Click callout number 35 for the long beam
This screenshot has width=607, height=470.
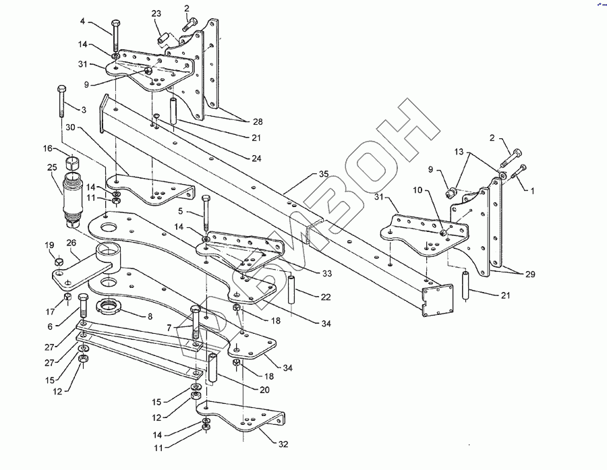click(324, 174)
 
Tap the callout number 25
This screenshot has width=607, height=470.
click(52, 167)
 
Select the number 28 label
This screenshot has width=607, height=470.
click(258, 121)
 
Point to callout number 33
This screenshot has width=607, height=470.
click(327, 273)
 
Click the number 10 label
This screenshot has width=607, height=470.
click(417, 190)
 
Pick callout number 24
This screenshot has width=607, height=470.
click(256, 158)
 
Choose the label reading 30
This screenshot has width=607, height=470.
click(70, 127)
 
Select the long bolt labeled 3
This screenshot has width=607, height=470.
click(61, 101)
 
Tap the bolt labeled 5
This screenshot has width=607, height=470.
click(206, 214)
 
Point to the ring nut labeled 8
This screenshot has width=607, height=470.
click(109, 307)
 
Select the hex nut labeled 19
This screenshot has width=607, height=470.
click(59, 262)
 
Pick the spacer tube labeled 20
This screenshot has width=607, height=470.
click(212, 369)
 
